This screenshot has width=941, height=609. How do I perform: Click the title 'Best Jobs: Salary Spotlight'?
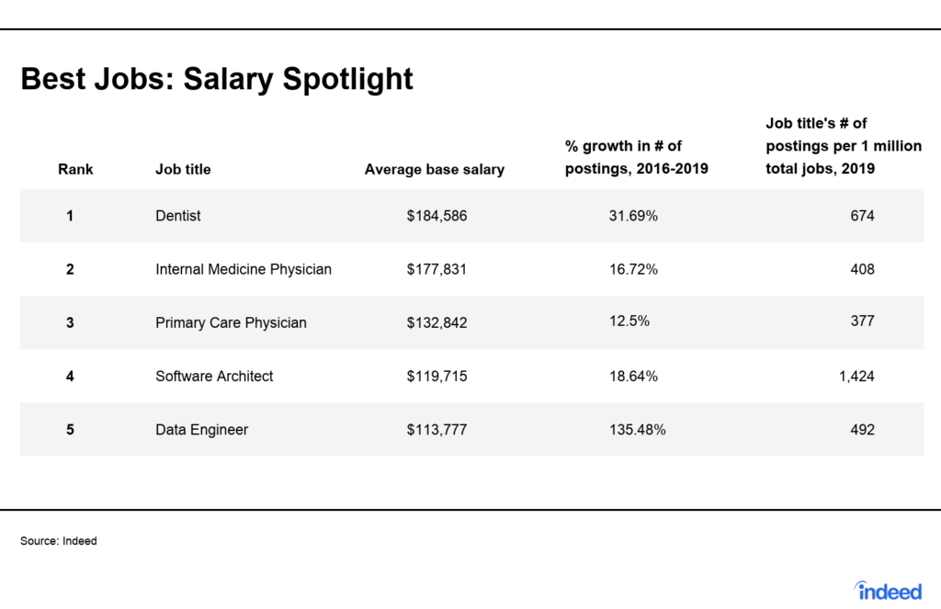[217, 79]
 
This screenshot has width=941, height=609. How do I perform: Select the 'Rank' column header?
[75, 169]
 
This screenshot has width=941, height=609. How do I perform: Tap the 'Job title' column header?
[183, 169]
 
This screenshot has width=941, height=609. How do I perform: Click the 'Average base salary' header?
[435, 169]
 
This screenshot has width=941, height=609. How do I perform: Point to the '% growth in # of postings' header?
[636, 157]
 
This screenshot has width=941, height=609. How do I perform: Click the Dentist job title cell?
[178, 215]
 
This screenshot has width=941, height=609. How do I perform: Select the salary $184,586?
[436, 216]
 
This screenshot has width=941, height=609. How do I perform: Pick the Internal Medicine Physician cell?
[244, 269]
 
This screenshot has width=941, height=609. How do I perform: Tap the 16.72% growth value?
[634, 269]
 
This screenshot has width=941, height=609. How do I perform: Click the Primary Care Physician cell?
[231, 322]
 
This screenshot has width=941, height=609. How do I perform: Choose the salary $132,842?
[436, 322]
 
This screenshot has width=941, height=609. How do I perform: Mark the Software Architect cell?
[214, 377]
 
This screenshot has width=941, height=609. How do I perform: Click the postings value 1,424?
[856, 377]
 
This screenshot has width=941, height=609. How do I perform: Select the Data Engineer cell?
[201, 430]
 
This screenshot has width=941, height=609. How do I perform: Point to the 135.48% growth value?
[638, 430]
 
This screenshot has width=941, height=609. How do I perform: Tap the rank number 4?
[70, 377]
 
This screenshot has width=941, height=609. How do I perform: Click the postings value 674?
[862, 216]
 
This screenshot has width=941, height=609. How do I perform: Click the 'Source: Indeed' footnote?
[58, 541]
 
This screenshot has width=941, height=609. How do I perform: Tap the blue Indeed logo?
[889, 591]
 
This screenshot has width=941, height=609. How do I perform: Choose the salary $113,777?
[436, 430]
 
